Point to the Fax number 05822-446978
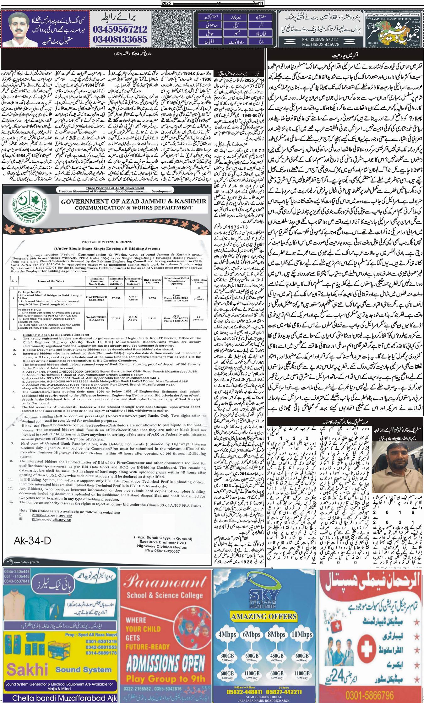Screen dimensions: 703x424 pos(299,45)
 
